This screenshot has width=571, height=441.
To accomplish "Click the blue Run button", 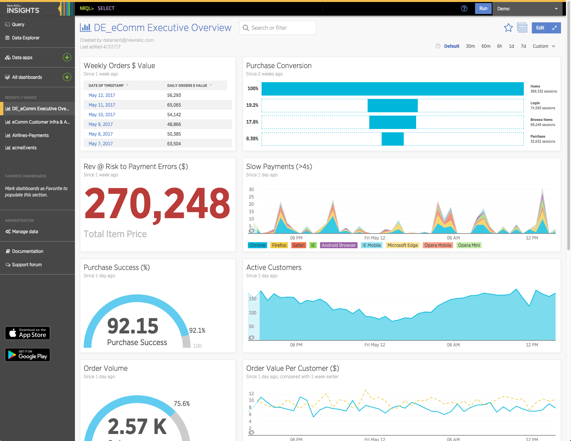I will click(x=483, y=9).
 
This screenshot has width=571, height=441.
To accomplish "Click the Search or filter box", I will click(x=278, y=28).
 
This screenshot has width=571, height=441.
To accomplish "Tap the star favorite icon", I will click(x=508, y=28).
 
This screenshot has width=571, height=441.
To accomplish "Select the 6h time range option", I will click(x=499, y=46).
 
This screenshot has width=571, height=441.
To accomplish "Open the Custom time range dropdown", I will click(x=544, y=46).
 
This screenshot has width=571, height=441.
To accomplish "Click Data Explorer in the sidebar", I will click(x=25, y=38).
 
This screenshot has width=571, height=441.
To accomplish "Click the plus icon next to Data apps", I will click(x=67, y=57).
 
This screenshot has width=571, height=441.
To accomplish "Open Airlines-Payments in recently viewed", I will click(x=30, y=135).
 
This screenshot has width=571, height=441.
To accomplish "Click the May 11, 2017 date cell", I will click(x=102, y=105).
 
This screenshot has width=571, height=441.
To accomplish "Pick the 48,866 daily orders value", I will click(x=174, y=124).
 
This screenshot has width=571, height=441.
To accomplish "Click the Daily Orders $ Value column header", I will click(x=187, y=86).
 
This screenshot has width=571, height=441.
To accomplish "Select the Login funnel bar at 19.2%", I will click(x=392, y=106).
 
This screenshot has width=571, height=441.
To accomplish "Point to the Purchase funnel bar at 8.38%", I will click(x=392, y=139).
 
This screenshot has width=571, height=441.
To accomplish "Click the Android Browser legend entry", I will click(x=339, y=245).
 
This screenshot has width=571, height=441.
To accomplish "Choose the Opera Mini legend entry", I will click(x=469, y=245).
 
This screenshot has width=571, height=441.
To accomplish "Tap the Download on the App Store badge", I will click(x=27, y=333).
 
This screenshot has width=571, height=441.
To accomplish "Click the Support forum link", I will click(x=27, y=265).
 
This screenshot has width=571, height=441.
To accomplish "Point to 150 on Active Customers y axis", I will click(x=253, y=299).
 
